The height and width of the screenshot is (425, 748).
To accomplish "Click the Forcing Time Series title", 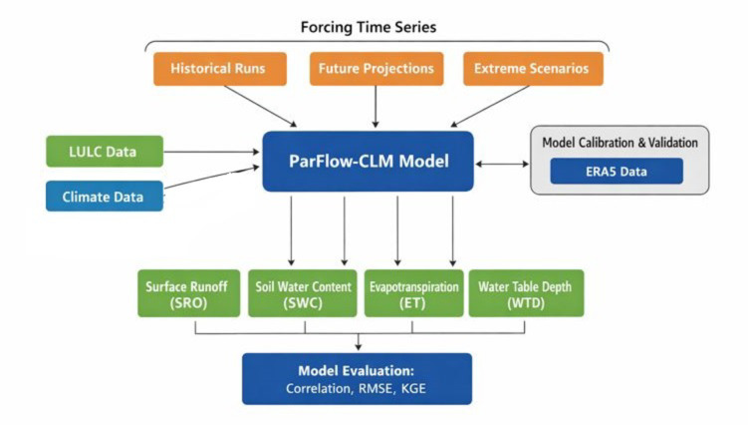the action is point(369,27).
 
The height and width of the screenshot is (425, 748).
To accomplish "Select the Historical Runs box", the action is point(220,69).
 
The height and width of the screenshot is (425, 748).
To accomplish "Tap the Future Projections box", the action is point(376,69).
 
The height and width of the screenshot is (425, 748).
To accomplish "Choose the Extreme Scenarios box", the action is point(533,69).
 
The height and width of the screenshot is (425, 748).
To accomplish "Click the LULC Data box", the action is point(105,152).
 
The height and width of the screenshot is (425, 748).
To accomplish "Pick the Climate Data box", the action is point(105,196).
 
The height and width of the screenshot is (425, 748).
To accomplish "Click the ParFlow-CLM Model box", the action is point(368,162).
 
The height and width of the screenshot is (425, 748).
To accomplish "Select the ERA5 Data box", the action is point(617,172).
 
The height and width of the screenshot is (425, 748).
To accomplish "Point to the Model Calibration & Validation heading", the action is point(620,143).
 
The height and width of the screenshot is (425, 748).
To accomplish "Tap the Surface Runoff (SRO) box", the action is point(189,293).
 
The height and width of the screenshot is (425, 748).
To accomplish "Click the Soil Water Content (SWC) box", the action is point(303,293).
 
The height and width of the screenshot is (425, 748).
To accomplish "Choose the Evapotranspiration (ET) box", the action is point(413,293).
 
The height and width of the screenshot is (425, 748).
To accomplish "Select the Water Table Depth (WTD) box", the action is point(526,293).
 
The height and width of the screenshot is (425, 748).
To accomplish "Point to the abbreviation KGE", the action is point(413,388).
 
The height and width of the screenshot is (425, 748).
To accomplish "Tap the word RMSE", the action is point(376,388).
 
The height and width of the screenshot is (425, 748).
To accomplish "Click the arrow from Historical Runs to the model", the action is point(261,106).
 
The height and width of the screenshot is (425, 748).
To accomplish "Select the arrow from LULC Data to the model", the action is point(211,152).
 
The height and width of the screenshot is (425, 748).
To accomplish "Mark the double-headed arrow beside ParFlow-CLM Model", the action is point(502,164).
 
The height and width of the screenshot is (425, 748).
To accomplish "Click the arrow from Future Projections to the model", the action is point(375,107).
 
